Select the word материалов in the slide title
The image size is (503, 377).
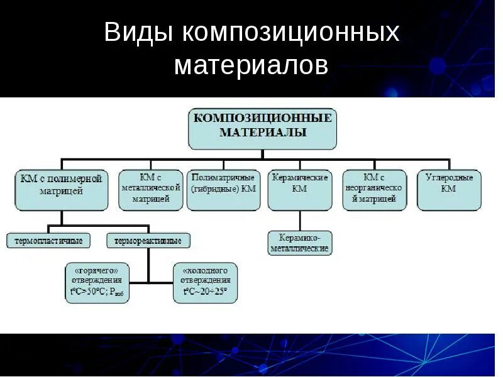point(251,65)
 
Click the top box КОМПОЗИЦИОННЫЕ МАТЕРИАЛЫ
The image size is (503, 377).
point(262,128)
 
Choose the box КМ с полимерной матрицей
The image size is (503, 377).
point(60,189)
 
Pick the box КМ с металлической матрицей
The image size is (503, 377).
point(150,189)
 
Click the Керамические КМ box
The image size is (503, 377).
point(299,189)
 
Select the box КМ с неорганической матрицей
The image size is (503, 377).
point(374,189)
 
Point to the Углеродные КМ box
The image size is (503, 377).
point(448,189)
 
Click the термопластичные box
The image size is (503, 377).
point(49,240)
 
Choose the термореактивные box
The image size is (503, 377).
point(148,240)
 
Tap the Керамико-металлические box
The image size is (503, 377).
point(299,243)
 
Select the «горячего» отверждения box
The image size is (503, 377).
point(97,283)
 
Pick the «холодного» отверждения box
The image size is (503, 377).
point(205,283)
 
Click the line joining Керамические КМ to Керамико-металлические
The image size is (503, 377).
point(300,221)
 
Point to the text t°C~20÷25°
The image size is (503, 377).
point(205,292)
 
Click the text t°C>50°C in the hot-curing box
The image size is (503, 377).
point(86,292)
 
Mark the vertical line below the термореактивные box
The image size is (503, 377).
point(148,264)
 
